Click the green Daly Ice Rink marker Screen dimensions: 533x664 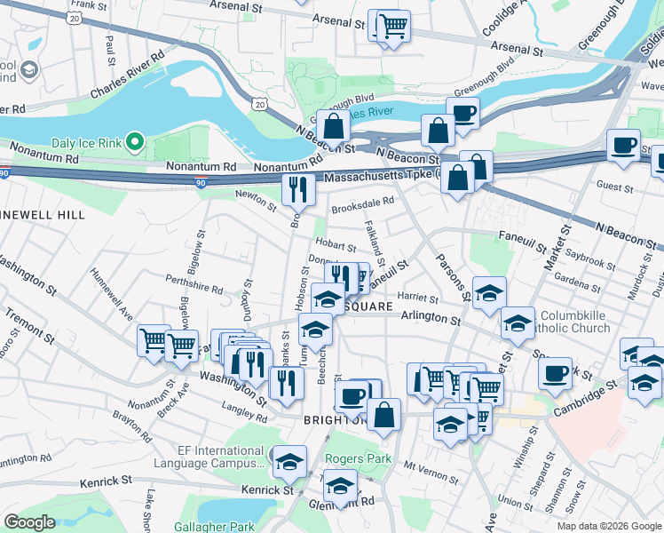134,141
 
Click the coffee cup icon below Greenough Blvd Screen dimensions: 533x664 462,114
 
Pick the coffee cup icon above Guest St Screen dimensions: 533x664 623,144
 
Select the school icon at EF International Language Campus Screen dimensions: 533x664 289,461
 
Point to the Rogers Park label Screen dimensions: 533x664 358,458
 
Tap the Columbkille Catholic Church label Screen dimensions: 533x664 589,322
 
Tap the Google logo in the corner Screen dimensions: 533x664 30,521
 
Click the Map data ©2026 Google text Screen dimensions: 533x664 608,526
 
